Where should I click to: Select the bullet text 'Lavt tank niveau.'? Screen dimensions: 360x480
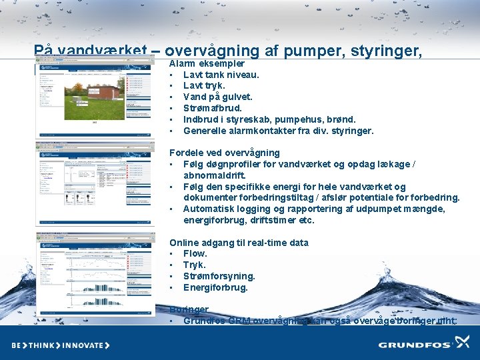click(221, 75)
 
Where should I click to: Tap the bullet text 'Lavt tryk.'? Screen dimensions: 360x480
click(204, 86)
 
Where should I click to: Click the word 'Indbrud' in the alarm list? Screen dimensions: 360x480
click(199, 119)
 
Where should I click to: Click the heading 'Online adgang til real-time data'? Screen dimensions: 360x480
click(239, 243)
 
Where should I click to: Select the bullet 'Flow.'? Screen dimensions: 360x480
click(195, 254)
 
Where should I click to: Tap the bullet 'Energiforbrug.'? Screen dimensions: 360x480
click(215, 288)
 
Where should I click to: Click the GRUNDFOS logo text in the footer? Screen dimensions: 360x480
click(415, 345)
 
